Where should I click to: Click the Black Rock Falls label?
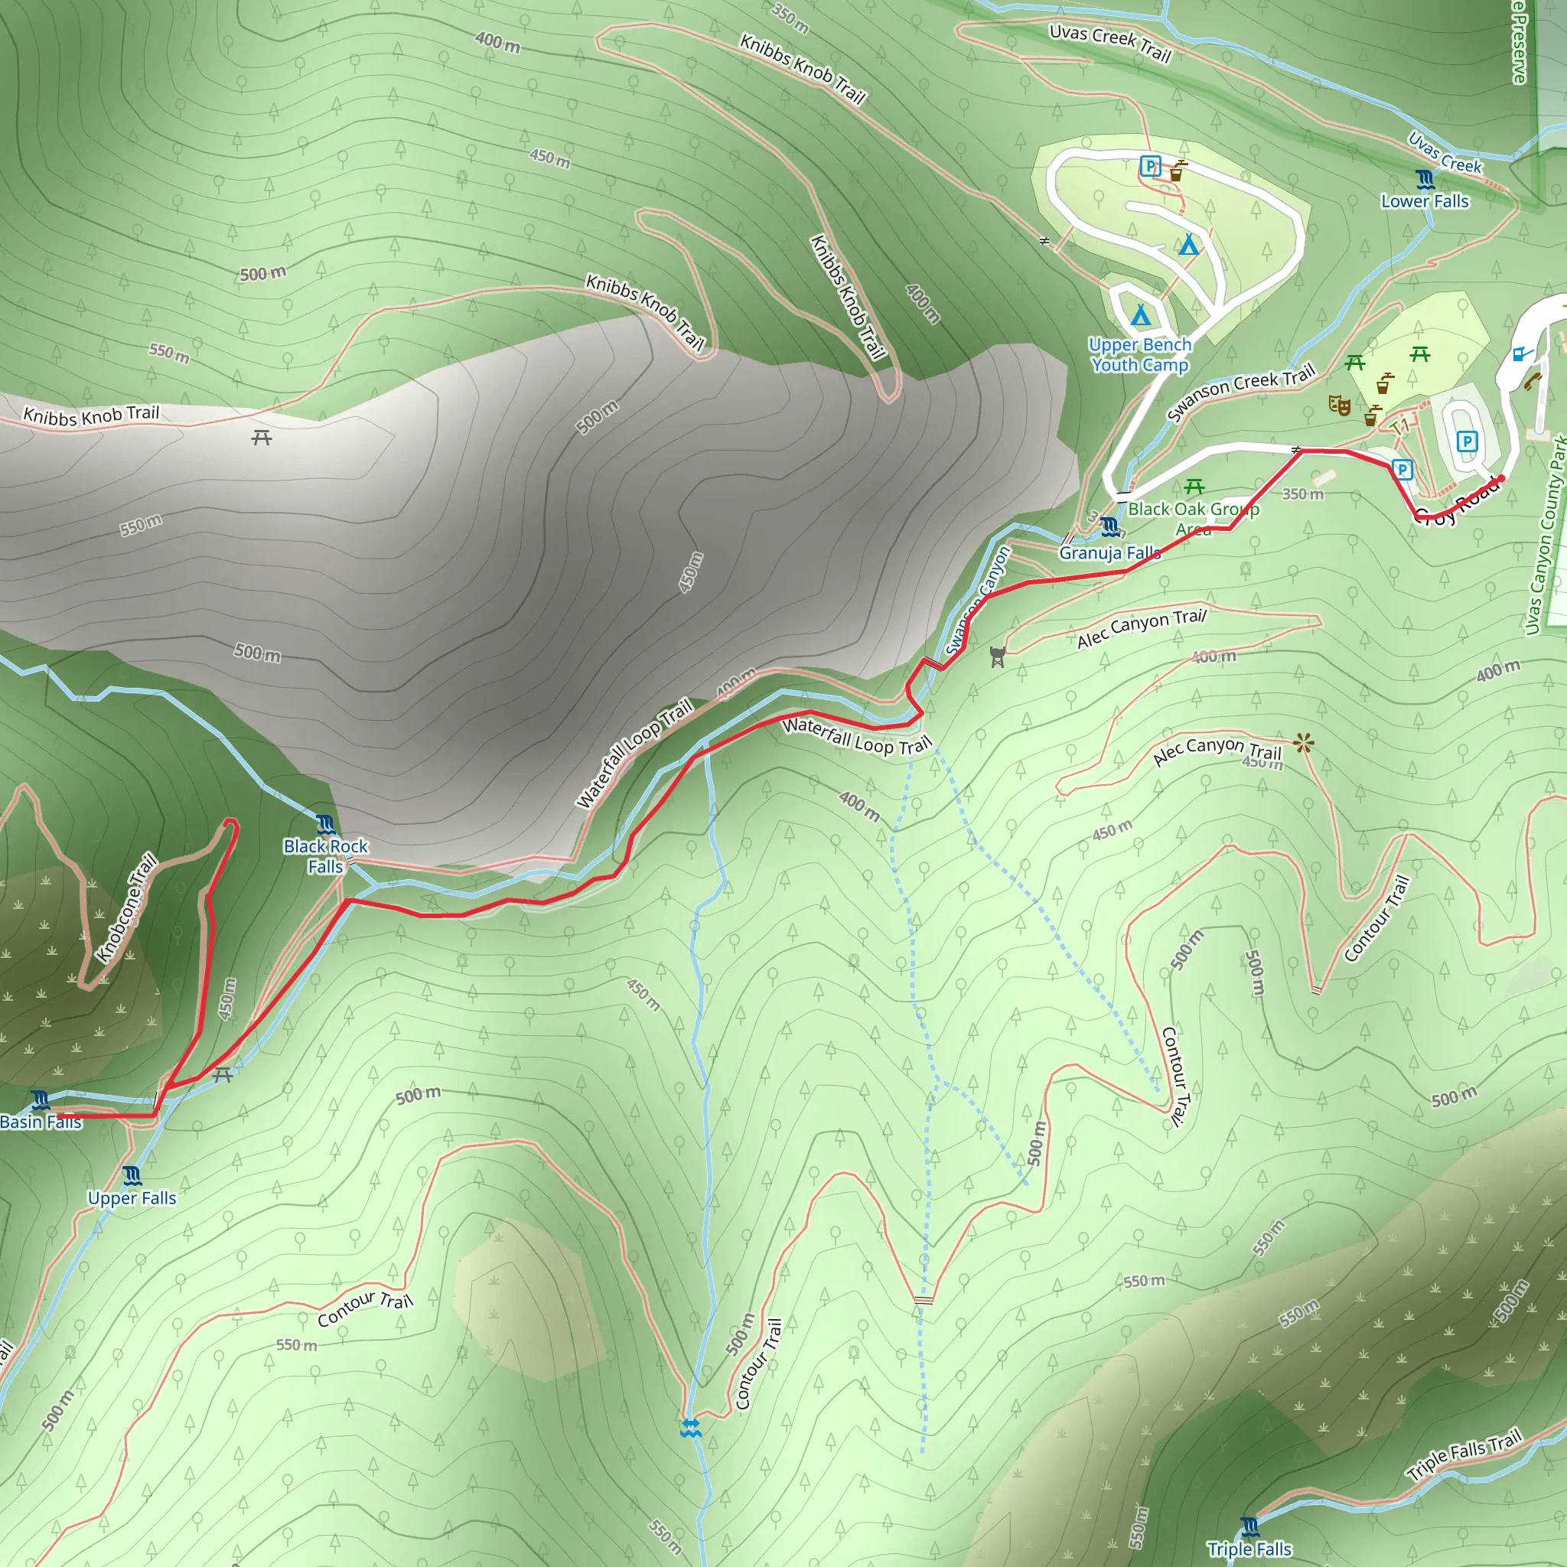click(325, 856)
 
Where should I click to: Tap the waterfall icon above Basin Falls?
click(41, 1100)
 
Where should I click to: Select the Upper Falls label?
click(132, 1198)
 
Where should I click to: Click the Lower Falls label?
click(1425, 201)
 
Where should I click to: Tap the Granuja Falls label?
click(1109, 553)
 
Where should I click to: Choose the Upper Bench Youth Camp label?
click(1139, 354)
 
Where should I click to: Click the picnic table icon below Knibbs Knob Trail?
click(261, 438)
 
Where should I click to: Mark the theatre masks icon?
click(1339, 405)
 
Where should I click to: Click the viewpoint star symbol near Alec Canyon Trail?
click(1303, 742)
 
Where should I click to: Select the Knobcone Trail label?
click(126, 907)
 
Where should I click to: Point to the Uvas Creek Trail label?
click(1109, 43)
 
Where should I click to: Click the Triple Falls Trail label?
click(1464, 1455)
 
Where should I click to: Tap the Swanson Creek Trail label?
click(1240, 393)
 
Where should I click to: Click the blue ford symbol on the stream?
click(690, 1429)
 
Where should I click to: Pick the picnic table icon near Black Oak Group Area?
click(1194, 487)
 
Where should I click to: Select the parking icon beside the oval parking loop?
click(1467, 441)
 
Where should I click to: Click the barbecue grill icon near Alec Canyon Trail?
click(998, 657)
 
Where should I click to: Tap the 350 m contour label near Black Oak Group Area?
click(1302, 494)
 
